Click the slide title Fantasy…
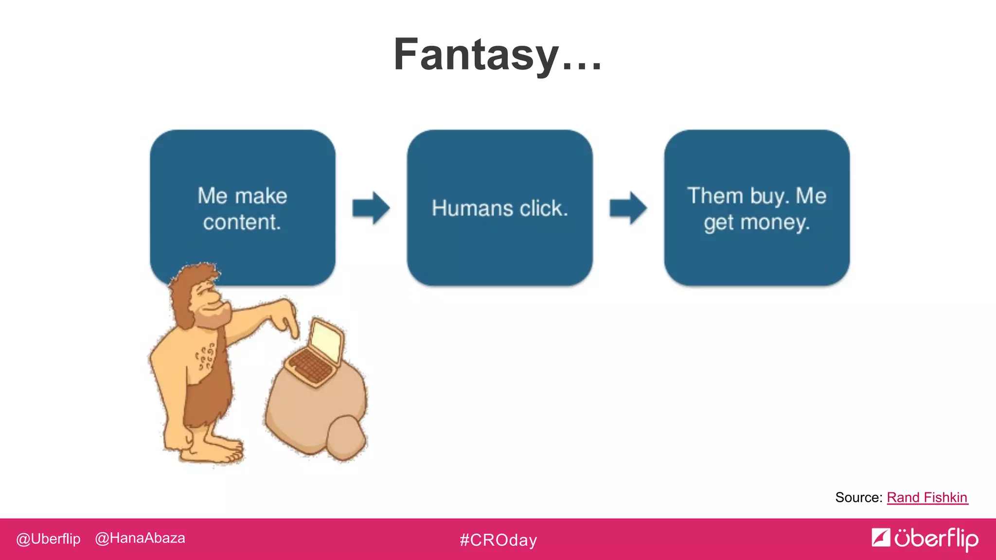pyautogui.click(x=497, y=54)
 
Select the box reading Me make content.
pyautogui.click(x=242, y=209)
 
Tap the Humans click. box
pyautogui.click(x=499, y=208)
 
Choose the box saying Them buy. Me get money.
pyautogui.click(x=757, y=209)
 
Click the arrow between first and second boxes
pyautogui.click(x=371, y=208)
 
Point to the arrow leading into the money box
pyautogui.click(x=628, y=208)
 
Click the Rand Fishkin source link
pyautogui.click(x=927, y=497)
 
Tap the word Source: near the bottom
pyautogui.click(x=858, y=497)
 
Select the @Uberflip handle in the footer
pyautogui.click(x=48, y=539)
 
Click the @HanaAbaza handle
pyautogui.click(x=140, y=538)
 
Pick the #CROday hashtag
pyautogui.click(x=498, y=540)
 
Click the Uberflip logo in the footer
pyautogui.click(x=925, y=539)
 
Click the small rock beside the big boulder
pyautogui.click(x=346, y=437)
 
